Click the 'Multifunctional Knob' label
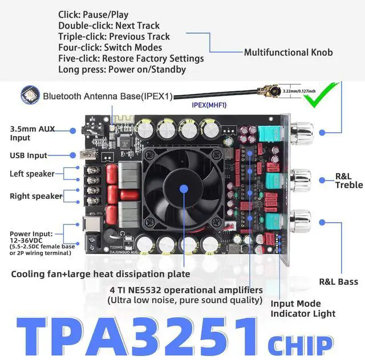(x=288, y=52)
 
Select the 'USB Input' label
(x=29, y=155)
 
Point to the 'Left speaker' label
(x=32, y=174)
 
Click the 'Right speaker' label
(x=35, y=196)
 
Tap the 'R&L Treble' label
(x=348, y=180)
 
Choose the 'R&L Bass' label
(x=339, y=281)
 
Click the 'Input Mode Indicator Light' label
(x=303, y=308)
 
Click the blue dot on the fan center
(x=184, y=189)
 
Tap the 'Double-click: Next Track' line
(x=109, y=26)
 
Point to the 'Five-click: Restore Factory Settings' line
(x=131, y=58)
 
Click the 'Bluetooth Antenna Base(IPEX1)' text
(x=107, y=96)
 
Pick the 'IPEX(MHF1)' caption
(x=210, y=105)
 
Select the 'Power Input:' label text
(x=31, y=233)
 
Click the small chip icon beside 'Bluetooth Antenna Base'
(x=27, y=95)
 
